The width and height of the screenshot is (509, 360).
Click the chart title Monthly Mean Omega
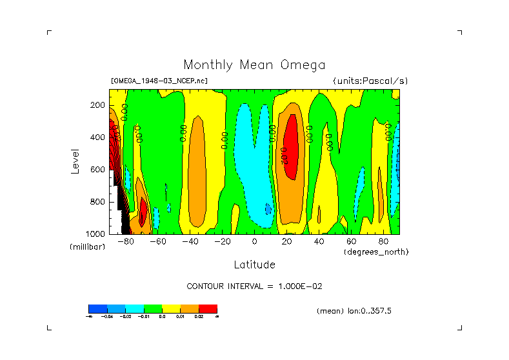coord(254,65)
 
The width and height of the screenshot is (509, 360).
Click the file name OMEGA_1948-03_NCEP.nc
coord(159,81)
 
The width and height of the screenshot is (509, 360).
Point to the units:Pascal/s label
coord(370,81)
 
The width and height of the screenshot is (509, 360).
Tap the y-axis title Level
coord(75,160)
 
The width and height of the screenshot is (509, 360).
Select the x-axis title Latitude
coord(254,265)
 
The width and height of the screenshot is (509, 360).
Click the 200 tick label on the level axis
coord(98,105)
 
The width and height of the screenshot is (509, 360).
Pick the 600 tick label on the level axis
coord(98,170)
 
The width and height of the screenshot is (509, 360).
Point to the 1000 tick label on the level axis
coord(96,234)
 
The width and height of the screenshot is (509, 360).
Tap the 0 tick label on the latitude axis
coord(254,241)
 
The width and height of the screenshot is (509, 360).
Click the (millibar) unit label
coord(87,247)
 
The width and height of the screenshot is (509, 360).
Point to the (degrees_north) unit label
coord(376,252)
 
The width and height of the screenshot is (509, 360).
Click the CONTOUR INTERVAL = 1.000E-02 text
coord(254,286)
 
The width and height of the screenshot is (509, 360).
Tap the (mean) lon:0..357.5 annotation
coord(354,311)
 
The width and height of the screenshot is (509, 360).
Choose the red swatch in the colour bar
coord(208,308)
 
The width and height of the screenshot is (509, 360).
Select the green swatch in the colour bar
coord(153,308)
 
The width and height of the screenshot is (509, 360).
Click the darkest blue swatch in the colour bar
coord(97,308)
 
